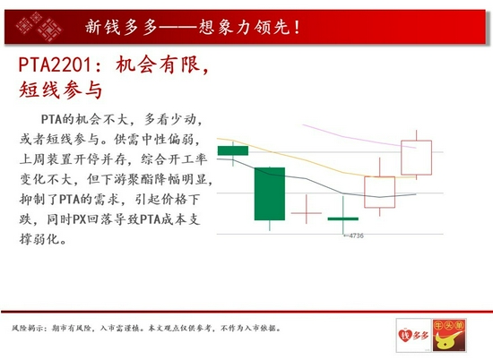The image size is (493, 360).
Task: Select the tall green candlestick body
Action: [x=270, y=193]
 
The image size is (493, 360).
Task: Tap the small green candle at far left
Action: [x=233, y=150]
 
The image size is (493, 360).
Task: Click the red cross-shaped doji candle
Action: [x=307, y=212]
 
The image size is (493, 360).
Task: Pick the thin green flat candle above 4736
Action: [x=343, y=219]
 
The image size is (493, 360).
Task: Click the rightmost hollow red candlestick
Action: [x=416, y=158]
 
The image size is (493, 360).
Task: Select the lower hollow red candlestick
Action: [x=379, y=192]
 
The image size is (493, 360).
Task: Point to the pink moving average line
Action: [x=359, y=137]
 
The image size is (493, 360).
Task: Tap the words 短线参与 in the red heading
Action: [x=61, y=90]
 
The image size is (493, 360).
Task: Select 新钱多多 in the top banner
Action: [x=121, y=27]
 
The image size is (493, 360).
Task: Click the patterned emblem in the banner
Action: [x=39, y=27]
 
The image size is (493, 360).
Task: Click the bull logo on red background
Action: [x=449, y=335]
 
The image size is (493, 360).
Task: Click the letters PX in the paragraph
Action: [x=79, y=219]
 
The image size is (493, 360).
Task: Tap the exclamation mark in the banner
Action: [x=297, y=27]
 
